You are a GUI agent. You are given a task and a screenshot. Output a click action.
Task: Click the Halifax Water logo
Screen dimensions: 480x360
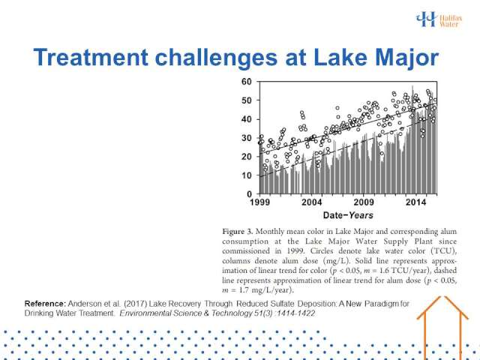tap(439, 19)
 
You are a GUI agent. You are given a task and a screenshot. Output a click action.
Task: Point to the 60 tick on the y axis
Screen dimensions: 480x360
tap(247, 82)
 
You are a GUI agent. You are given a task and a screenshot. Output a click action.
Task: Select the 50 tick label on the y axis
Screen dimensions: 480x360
tap(247, 100)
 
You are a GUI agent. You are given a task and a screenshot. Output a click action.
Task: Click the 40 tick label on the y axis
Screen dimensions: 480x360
tap(247, 119)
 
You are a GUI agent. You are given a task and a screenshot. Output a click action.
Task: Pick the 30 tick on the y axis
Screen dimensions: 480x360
tap(247, 138)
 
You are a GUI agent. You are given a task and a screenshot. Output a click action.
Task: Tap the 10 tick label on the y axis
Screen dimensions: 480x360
tap(247, 175)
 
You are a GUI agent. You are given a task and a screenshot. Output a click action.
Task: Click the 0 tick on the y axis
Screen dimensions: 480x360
tap(249, 194)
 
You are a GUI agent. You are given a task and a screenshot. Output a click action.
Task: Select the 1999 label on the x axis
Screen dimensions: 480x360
tap(260, 202)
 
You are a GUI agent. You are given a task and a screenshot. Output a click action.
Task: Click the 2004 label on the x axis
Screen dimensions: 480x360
tap(312, 202)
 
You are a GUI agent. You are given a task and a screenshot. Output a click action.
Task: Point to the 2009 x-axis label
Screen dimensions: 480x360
tap(364, 202)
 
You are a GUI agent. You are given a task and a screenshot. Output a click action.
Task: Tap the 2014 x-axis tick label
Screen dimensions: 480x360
tap(416, 202)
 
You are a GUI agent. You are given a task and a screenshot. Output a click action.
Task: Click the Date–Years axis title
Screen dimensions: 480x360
tap(348, 215)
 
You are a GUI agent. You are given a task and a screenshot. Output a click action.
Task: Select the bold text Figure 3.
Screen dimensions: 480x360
tap(238, 232)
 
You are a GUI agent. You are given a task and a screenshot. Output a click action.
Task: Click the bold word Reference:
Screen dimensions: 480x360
tap(45, 304)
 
